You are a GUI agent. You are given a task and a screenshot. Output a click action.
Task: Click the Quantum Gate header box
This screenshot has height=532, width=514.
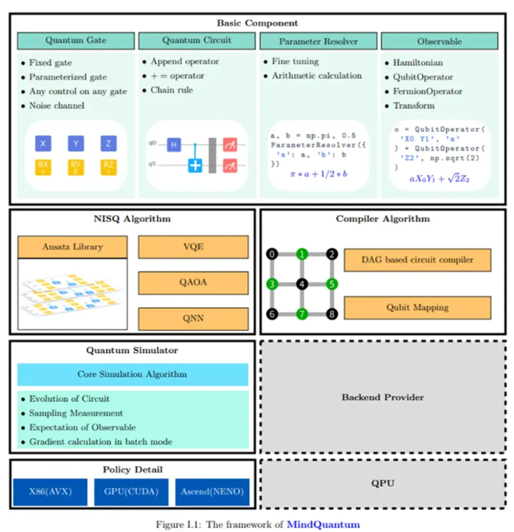pyautogui.click(x=76, y=40)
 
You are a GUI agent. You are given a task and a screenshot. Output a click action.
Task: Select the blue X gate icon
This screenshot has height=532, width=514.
pyautogui.click(x=43, y=143)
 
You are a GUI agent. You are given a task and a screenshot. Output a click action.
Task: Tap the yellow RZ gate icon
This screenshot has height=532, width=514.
pyautogui.click(x=108, y=167)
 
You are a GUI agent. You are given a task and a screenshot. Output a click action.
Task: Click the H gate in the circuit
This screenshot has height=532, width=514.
pyautogui.click(x=174, y=144)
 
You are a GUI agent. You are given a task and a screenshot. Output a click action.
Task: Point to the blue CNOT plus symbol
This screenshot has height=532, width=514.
pyautogui.click(x=195, y=165)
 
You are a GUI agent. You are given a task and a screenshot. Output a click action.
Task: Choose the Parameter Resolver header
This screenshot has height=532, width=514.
pyautogui.click(x=318, y=41)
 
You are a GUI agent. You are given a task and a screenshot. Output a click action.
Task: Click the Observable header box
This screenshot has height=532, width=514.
pyautogui.click(x=439, y=41)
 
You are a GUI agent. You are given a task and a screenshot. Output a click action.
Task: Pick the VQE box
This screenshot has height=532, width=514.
pyautogui.click(x=193, y=247)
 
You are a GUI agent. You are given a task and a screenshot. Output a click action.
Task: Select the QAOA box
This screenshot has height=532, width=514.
pyautogui.click(x=193, y=283)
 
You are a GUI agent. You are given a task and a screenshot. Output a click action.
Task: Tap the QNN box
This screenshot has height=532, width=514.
pyautogui.click(x=193, y=319)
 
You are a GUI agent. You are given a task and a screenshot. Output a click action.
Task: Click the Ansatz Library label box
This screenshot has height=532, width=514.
pyautogui.click(x=72, y=247)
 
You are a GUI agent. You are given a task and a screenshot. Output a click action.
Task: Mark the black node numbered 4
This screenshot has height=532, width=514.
pyautogui.click(x=302, y=285)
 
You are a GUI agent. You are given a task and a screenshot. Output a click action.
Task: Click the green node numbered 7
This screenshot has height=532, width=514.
pyautogui.click(x=302, y=314)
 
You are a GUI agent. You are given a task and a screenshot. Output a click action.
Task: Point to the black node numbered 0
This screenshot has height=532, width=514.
pyautogui.click(x=272, y=254)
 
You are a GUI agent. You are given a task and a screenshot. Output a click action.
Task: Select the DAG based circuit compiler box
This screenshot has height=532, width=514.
pyautogui.click(x=417, y=260)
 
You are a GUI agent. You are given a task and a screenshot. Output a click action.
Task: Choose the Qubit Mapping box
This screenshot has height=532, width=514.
pyautogui.click(x=417, y=307)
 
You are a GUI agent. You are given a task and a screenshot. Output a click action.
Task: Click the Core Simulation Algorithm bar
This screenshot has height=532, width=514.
pyautogui.click(x=132, y=374)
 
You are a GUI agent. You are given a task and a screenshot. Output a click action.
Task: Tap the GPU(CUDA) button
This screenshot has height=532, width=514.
pyautogui.click(x=131, y=492)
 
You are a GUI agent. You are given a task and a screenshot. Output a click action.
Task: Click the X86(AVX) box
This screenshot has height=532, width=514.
pyautogui.click(x=50, y=492)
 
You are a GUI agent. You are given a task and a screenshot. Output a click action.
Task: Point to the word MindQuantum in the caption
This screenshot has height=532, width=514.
pyautogui.click(x=323, y=524)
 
